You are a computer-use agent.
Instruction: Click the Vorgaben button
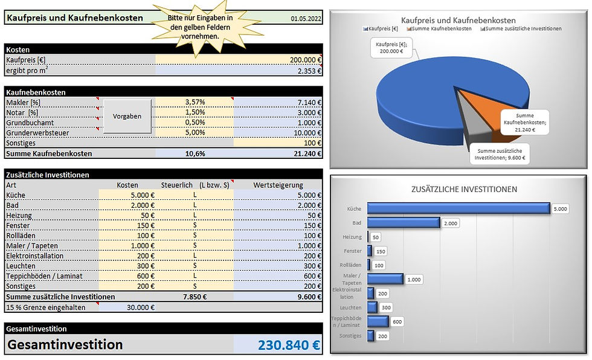pos(127,115)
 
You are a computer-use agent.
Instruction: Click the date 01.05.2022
pos(306,19)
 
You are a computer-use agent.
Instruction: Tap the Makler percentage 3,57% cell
pos(195,102)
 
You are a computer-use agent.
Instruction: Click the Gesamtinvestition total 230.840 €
pos(289,345)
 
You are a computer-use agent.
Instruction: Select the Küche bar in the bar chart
pos(458,208)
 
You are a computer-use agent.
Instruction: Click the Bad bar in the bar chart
pos(404,223)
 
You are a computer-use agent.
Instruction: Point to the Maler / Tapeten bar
pos(385,279)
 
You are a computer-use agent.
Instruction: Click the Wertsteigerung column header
pos(278,185)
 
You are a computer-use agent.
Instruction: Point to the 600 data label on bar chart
pos(397,321)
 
